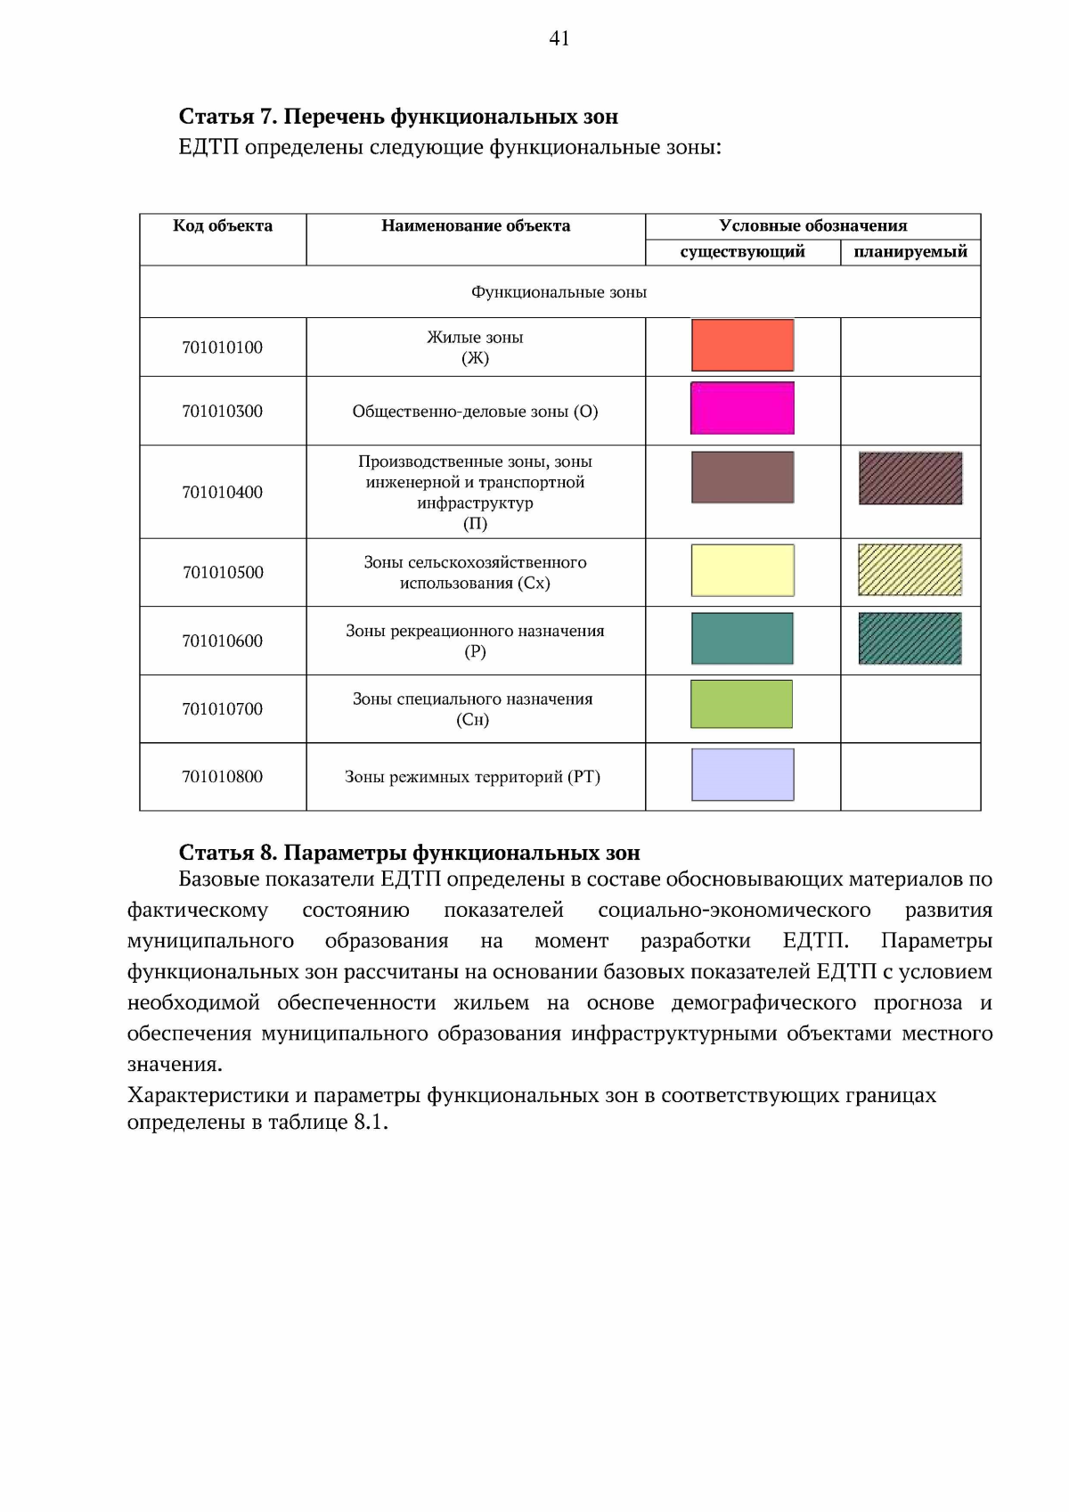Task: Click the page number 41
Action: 559,38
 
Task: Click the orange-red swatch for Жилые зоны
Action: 742,345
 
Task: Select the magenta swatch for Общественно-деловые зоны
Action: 742,408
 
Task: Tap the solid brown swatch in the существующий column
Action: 742,478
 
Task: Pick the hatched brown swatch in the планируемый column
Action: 910,478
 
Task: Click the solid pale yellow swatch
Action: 742,570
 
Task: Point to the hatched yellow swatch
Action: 910,570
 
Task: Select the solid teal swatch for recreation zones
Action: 742,639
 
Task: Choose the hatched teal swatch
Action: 910,639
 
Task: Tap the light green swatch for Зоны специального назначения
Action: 742,704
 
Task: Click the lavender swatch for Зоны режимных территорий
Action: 742,775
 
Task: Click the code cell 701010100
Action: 223,347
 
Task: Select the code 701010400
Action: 223,492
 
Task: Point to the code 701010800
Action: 223,777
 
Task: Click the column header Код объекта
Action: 223,226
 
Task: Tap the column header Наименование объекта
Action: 476,226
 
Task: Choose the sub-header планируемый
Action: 910,252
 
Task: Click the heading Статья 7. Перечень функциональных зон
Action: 398,117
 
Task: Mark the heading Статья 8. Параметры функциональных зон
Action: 409,853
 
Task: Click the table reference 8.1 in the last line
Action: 369,1122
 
